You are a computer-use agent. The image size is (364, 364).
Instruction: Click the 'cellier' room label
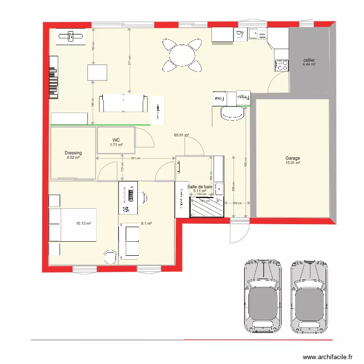(x=309, y=60)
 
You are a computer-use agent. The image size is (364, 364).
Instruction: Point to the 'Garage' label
(x=293, y=158)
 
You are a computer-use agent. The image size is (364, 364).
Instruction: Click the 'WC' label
(x=116, y=139)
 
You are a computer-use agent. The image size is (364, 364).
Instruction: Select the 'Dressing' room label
(x=73, y=153)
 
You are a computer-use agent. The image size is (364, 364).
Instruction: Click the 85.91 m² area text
(x=182, y=136)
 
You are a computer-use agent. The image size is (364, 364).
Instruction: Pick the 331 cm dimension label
(x=135, y=158)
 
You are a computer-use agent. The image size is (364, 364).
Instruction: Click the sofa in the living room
(x=123, y=103)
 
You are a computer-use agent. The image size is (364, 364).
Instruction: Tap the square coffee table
(x=97, y=72)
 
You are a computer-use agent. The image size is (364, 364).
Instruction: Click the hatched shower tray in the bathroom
(x=207, y=208)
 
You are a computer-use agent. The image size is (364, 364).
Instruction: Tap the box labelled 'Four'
(x=220, y=98)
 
